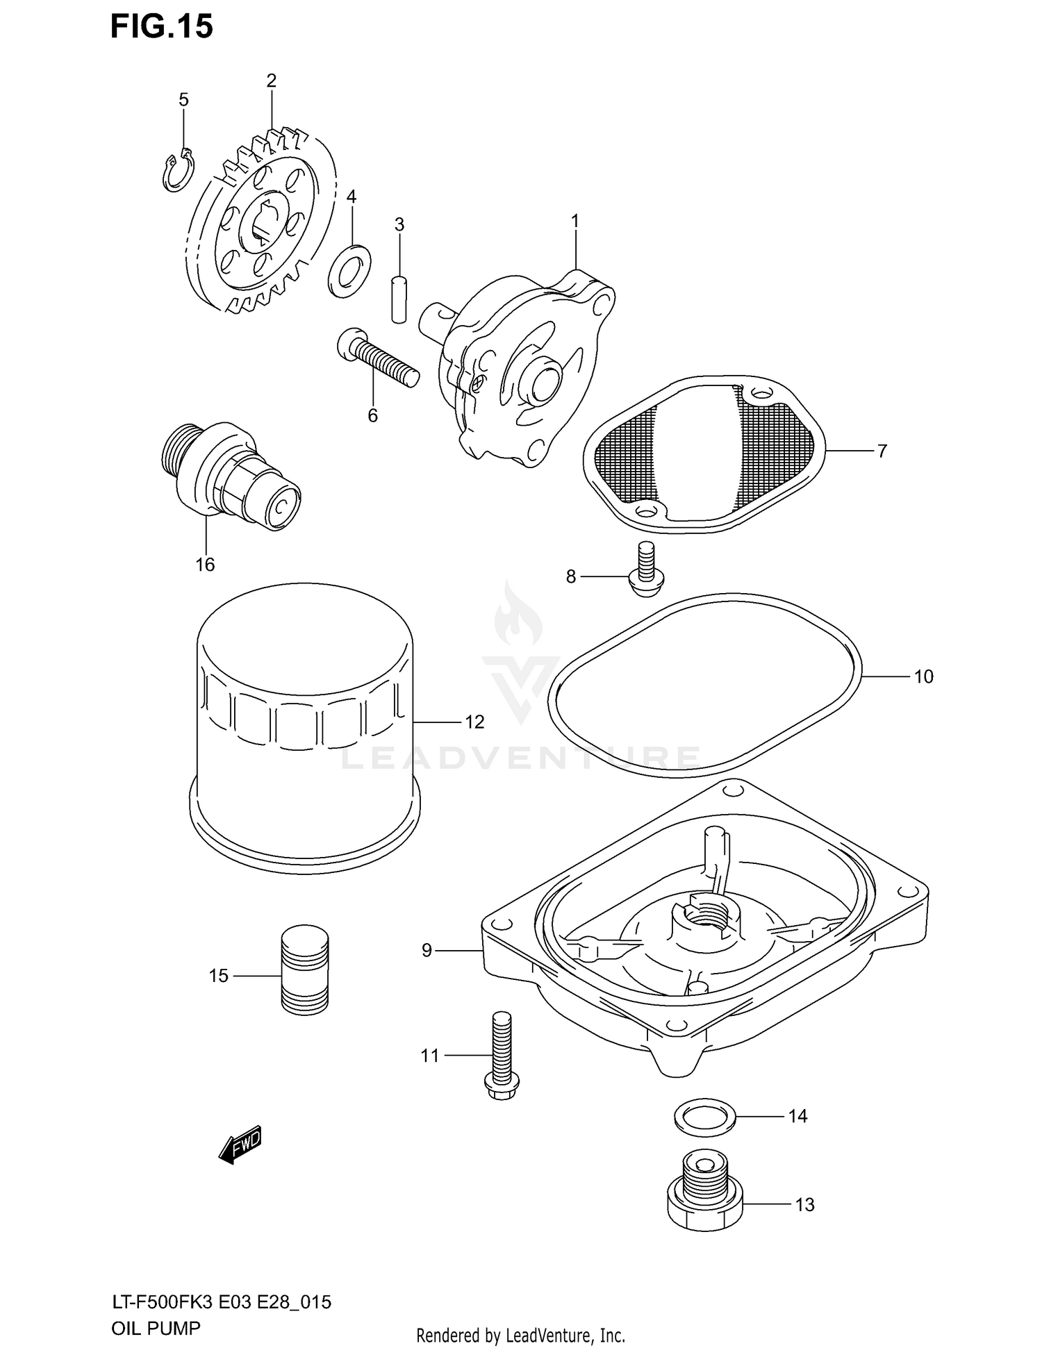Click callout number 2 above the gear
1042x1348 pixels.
(x=271, y=81)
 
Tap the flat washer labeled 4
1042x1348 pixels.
(x=349, y=270)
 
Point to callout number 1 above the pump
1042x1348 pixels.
(x=575, y=221)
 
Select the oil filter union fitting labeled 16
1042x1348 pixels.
(x=229, y=479)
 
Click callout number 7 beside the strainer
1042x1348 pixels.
(x=882, y=451)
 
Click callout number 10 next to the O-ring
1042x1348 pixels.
(x=923, y=676)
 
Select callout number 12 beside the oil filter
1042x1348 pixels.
(x=474, y=722)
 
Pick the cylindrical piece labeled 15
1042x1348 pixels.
(x=304, y=970)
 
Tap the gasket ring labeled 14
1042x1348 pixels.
(x=704, y=1116)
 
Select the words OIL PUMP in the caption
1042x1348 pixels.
(x=156, y=1329)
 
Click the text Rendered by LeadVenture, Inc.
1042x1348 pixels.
(x=520, y=1335)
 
